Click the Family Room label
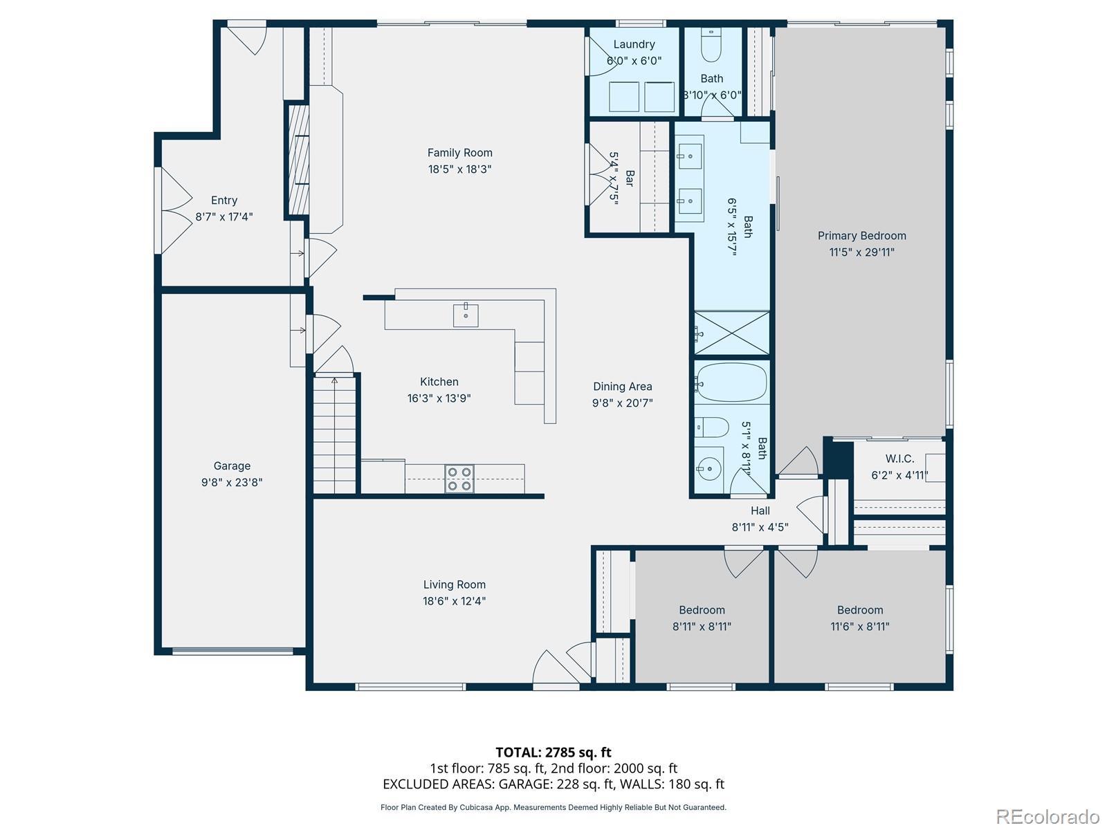459,153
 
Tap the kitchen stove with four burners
459,478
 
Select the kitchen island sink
466,315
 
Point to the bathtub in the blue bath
731,382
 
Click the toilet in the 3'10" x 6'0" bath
711,45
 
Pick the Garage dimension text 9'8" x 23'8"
232,482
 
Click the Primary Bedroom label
861,236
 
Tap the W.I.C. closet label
899,459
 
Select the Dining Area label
622,387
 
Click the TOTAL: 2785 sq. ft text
553,753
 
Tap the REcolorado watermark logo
1048,816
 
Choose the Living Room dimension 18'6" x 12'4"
454,600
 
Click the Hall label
760,511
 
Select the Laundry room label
634,44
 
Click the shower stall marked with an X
732,333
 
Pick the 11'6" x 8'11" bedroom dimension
860,627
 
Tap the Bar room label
630,178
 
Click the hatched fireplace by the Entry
298,159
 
